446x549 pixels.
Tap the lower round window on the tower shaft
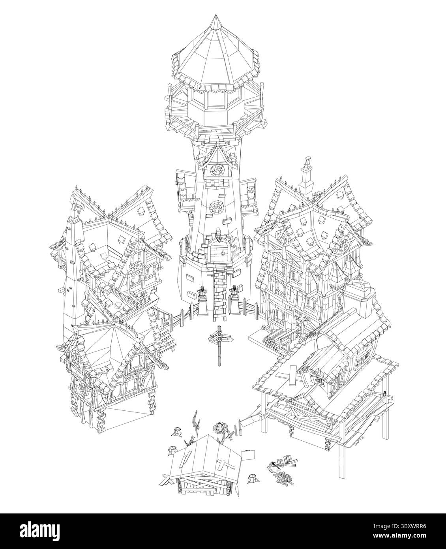click(x=216, y=206)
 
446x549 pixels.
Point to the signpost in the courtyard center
click(x=219, y=345)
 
